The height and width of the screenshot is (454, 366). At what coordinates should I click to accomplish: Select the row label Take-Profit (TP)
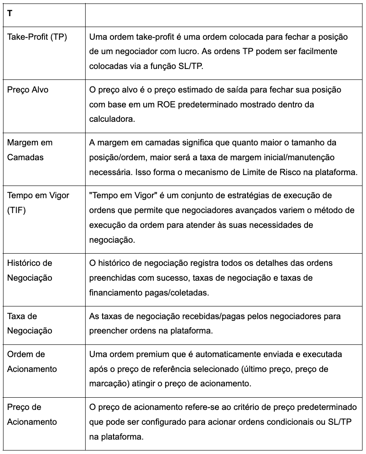coord(37,37)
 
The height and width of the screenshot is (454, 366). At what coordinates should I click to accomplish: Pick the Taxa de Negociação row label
coord(29,323)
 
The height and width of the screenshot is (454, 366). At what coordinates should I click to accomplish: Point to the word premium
coord(146,354)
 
